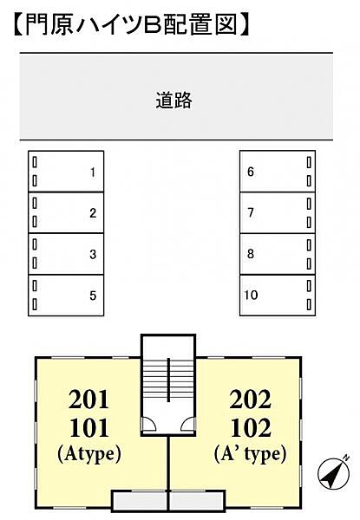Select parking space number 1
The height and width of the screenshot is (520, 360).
click(x=67, y=171)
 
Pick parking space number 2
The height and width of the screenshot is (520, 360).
click(x=67, y=212)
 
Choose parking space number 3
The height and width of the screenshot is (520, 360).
click(x=67, y=254)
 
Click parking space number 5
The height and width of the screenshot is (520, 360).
click(x=67, y=296)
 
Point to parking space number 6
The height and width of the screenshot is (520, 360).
click(x=277, y=171)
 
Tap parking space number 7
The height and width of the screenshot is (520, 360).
click(x=277, y=212)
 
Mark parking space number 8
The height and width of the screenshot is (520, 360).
click(x=277, y=254)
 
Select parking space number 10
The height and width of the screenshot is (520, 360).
click(x=277, y=296)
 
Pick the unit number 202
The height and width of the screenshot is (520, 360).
click(x=251, y=400)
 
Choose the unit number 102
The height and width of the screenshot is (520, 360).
click(x=251, y=428)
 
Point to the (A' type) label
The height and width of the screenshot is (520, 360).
click(x=251, y=453)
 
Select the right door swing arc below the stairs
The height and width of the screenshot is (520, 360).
click(x=189, y=422)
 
